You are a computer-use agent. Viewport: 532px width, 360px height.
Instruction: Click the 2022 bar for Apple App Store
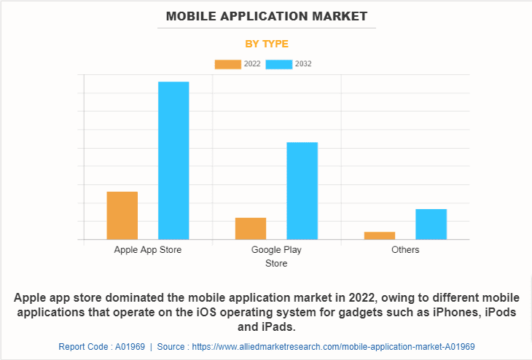122,215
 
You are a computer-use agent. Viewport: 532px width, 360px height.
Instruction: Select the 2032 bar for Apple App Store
173,160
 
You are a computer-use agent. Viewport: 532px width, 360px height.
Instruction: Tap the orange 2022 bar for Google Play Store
251,228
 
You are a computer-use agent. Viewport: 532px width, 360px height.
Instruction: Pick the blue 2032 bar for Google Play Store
302,190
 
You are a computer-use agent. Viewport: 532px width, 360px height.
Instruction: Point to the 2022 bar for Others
380,235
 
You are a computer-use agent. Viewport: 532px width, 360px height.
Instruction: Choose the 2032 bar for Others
431,224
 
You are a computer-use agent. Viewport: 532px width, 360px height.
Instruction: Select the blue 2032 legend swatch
279,64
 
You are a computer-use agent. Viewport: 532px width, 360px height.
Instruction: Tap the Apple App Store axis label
148,250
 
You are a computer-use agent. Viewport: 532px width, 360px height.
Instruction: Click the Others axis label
405,250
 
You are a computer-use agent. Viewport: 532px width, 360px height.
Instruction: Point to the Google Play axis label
276,250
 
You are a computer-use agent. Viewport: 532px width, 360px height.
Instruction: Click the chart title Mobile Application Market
266,15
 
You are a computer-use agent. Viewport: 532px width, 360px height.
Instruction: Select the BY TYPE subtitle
266,44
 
